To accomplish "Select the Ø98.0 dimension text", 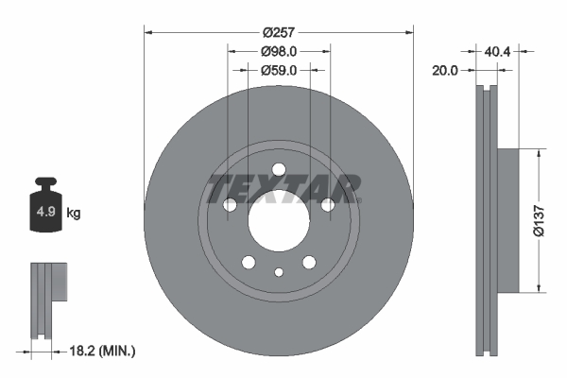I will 279,52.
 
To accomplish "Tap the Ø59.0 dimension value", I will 279,69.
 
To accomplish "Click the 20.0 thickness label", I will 443,71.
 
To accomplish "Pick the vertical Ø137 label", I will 538,219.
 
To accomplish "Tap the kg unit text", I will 74,214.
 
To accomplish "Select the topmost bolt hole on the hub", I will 279,170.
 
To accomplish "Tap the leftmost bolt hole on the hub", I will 230,205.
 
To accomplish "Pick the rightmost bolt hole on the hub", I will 328,205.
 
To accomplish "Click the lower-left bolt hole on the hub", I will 249,263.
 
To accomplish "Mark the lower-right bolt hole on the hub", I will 309,263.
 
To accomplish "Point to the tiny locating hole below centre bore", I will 279,272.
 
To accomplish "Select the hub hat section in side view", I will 507,219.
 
